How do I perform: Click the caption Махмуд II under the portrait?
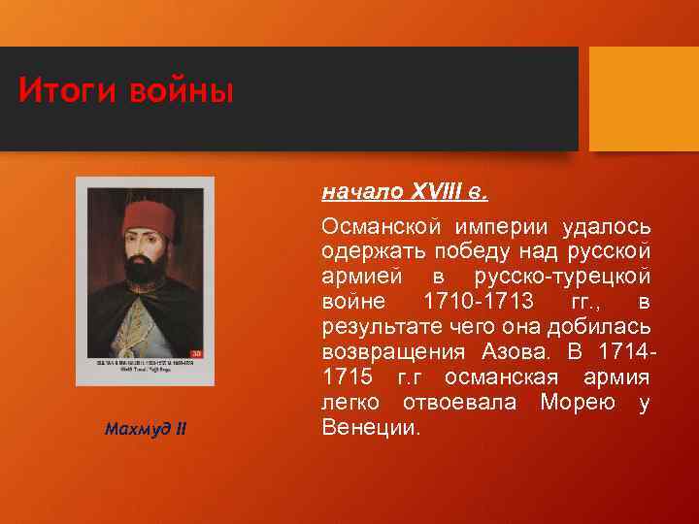click(x=146, y=429)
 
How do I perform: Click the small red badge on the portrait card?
click(x=196, y=353)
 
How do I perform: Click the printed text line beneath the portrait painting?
click(x=145, y=365)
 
